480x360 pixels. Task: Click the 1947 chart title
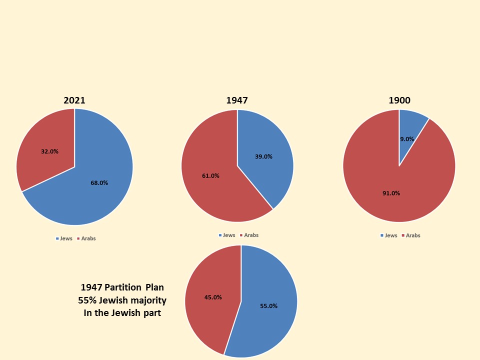tap(236, 100)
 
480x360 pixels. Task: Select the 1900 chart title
tap(399, 100)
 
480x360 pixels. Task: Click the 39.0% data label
tap(263, 156)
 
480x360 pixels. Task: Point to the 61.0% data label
tap(210, 175)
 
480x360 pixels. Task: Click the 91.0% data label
tap(391, 193)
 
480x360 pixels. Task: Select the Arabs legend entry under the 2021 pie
tap(88, 238)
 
